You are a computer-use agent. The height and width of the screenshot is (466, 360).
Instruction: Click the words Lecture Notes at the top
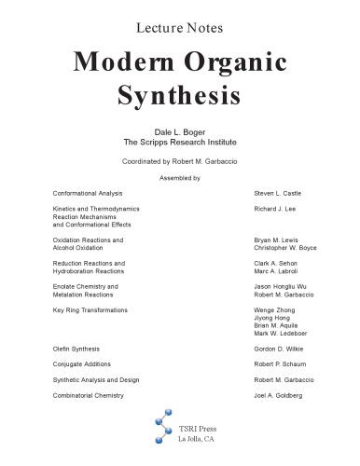point(180,19)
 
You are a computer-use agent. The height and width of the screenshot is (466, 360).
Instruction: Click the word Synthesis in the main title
point(180,94)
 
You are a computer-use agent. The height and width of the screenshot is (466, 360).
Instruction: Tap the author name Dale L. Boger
point(180,132)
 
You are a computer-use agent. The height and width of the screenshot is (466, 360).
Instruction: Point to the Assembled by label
point(180,176)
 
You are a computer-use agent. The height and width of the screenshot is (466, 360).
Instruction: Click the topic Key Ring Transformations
point(90,309)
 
